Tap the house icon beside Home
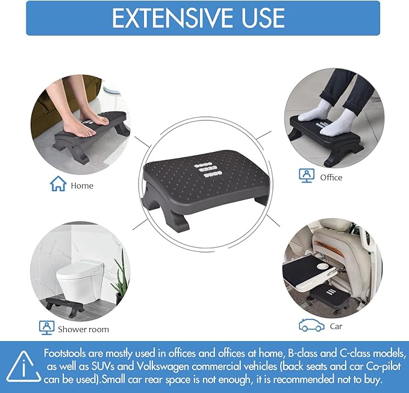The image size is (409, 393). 58,184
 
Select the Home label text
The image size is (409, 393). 82,186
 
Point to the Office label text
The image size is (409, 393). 331,177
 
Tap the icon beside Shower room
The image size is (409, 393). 46,327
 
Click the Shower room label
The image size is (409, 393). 84,329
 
